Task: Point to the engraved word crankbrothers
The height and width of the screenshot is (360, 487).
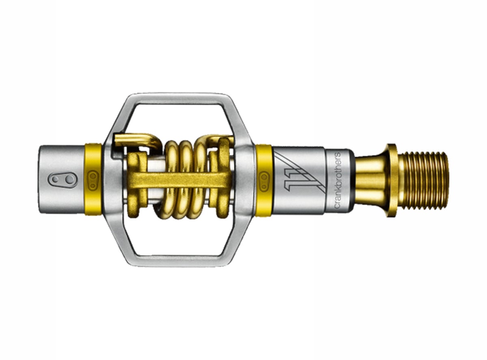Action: [x=336, y=181]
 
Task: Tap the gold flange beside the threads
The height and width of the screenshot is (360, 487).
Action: [x=392, y=180]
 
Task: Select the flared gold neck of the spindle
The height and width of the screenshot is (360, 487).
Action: [x=371, y=180]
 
